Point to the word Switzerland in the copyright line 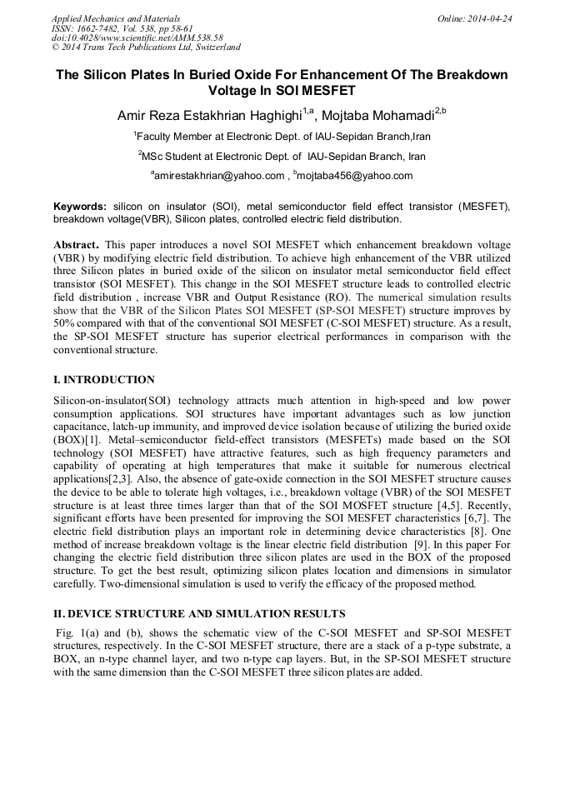click(x=214, y=47)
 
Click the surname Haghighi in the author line click(x=266, y=116)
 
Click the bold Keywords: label click(x=80, y=206)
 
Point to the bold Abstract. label click(x=77, y=247)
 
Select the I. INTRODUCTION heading click(x=103, y=380)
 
